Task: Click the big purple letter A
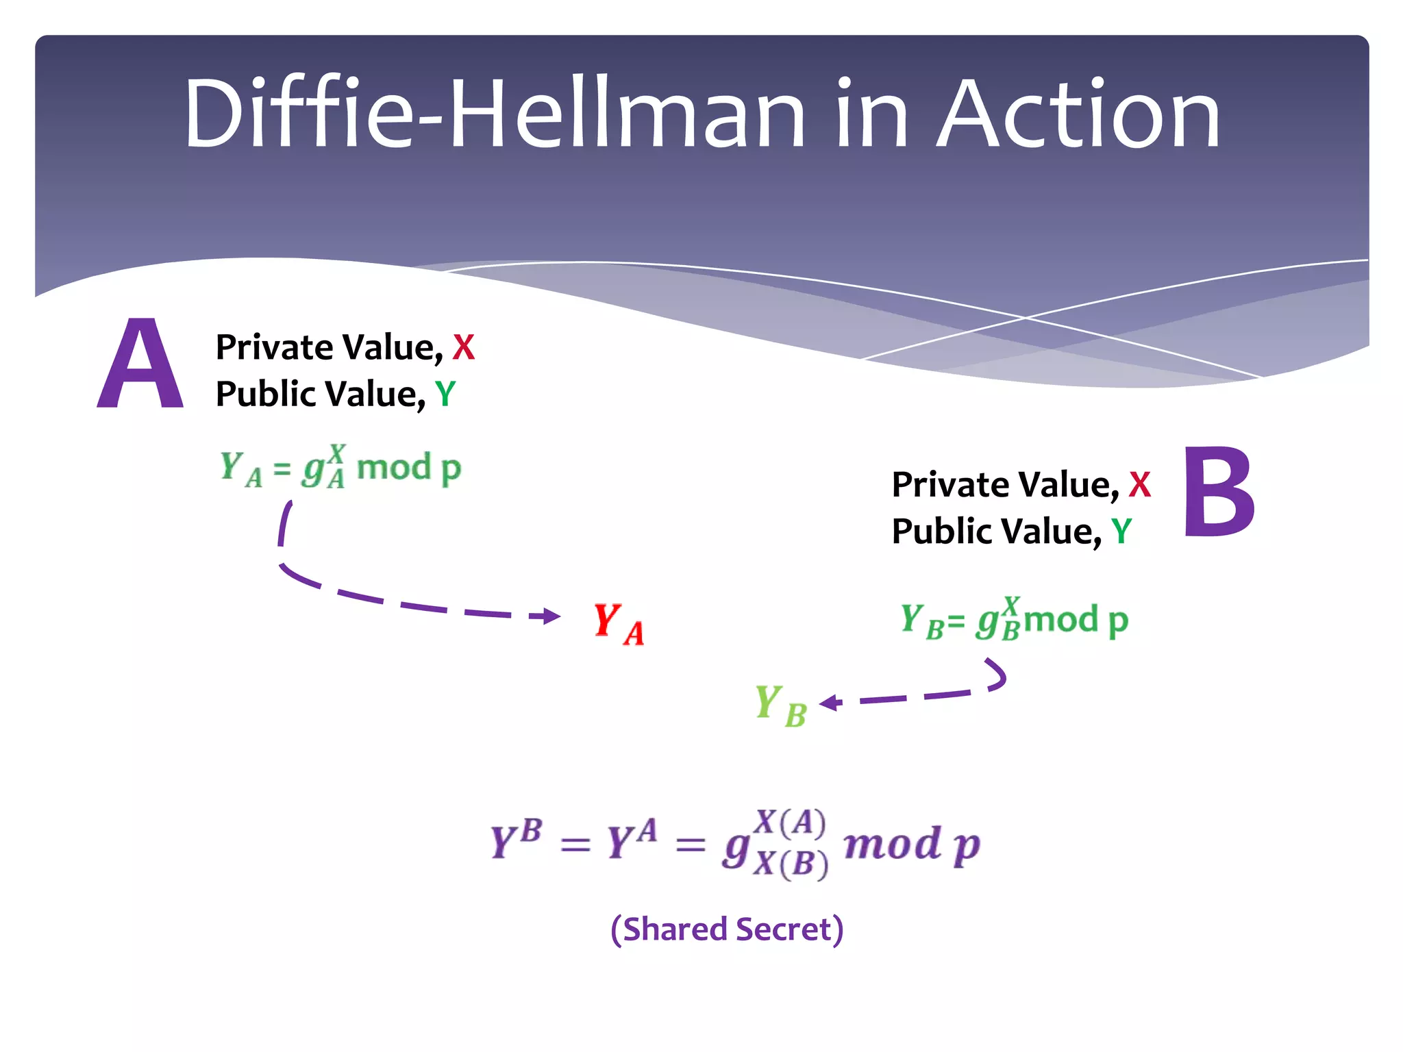[x=140, y=364]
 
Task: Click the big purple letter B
[x=1219, y=492]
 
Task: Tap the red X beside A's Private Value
[x=464, y=348]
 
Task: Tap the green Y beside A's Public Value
[x=445, y=394]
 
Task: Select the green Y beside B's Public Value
[x=1121, y=531]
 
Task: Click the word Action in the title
[x=1078, y=114]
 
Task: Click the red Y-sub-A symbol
[x=618, y=624]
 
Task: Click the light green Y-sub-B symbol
[x=780, y=706]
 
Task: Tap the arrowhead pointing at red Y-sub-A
[x=550, y=616]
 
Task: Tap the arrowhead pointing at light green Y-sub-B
[x=830, y=703]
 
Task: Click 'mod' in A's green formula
[x=394, y=468]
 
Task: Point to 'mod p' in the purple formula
[x=911, y=845]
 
